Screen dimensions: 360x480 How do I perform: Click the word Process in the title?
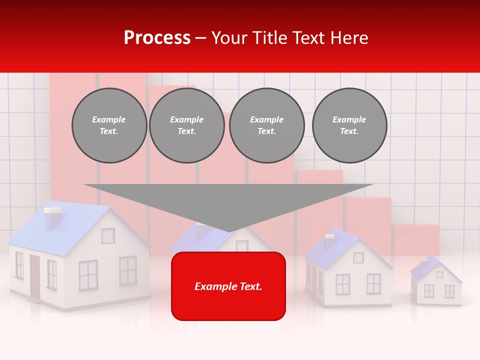click(157, 38)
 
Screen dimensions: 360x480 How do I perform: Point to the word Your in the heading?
click(228, 38)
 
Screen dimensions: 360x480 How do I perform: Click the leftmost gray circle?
click(109, 125)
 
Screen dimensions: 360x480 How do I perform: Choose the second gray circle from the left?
click(187, 125)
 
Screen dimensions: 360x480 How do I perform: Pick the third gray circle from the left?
click(266, 125)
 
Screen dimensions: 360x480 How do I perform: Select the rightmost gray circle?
click(349, 125)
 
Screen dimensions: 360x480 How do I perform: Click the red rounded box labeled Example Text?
click(228, 286)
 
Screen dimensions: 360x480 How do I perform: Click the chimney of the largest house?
click(52, 218)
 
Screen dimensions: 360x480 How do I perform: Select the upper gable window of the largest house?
click(108, 235)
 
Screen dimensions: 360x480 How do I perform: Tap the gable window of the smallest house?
click(439, 274)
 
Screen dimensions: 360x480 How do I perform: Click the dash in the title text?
click(201, 38)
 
